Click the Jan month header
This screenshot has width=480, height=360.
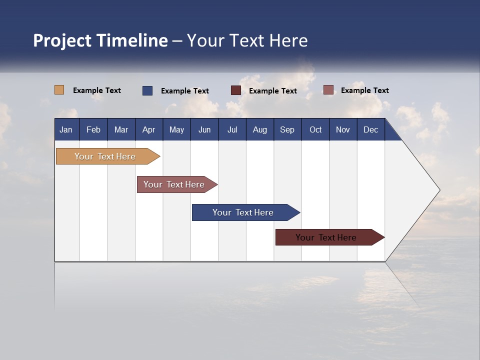click(66, 129)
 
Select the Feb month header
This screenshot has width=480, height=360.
click(93, 129)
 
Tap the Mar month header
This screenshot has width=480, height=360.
click(121, 129)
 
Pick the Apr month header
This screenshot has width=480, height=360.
click(148, 129)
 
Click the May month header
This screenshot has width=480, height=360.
click(176, 129)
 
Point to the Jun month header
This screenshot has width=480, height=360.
click(204, 129)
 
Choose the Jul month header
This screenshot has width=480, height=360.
click(232, 129)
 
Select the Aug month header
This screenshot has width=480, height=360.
click(260, 129)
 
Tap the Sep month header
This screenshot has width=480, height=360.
click(287, 129)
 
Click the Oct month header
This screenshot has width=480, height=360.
click(315, 129)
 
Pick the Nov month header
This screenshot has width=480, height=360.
click(343, 129)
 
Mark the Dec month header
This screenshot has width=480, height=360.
click(371, 129)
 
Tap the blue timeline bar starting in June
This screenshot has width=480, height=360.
click(243, 212)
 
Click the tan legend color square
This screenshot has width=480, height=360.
click(59, 90)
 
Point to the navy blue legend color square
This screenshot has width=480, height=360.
click(147, 90)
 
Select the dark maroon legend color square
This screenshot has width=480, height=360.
click(236, 90)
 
